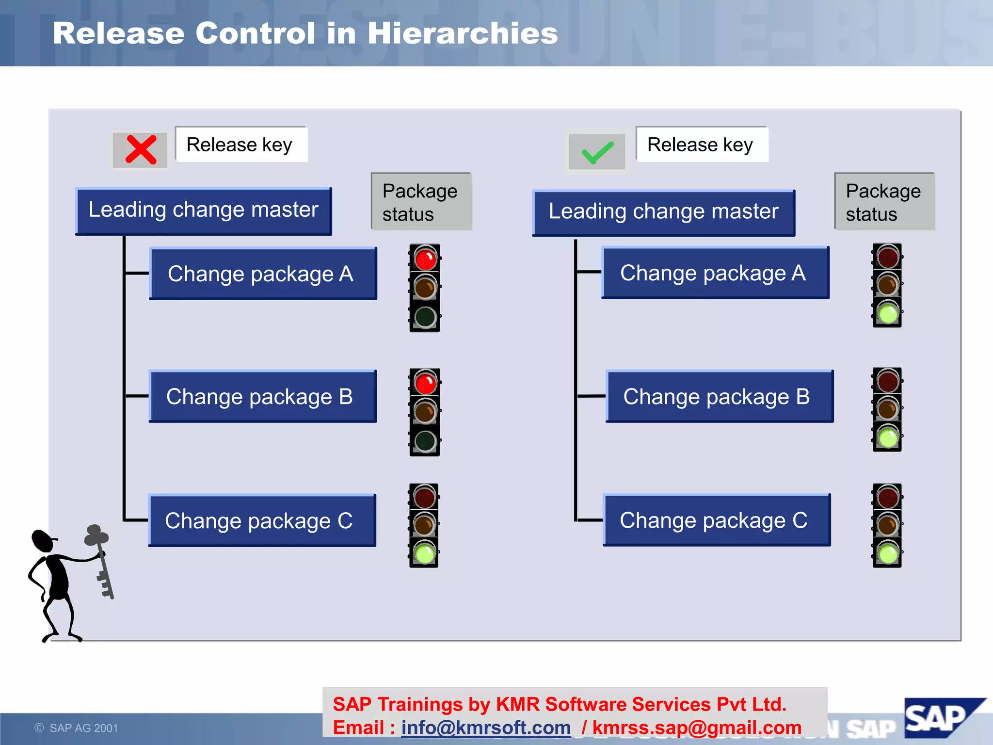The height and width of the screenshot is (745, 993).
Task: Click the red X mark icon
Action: pos(141,150)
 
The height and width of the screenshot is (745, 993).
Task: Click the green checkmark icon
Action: pos(597,152)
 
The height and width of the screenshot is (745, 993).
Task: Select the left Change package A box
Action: pos(263,274)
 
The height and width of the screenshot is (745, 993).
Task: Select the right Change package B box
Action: pos(719,397)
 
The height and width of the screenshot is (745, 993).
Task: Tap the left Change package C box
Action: pos(262,521)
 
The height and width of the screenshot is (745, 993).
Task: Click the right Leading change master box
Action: pos(663,212)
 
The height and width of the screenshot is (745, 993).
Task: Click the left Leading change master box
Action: pos(204,211)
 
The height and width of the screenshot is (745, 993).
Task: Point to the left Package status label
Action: pos(421,202)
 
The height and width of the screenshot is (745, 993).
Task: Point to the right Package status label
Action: pos(884,202)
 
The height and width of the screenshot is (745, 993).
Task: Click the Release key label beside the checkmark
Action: pos(701,145)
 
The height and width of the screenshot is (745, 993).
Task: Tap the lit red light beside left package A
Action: pos(425,259)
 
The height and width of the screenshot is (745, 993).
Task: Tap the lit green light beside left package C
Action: pos(425,553)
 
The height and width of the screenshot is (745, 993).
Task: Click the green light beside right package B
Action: pos(888,438)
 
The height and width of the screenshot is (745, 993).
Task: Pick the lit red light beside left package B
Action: pos(425,383)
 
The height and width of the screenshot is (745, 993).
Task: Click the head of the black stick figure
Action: pos(43,541)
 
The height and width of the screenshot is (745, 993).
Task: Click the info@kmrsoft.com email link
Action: pos(486,728)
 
